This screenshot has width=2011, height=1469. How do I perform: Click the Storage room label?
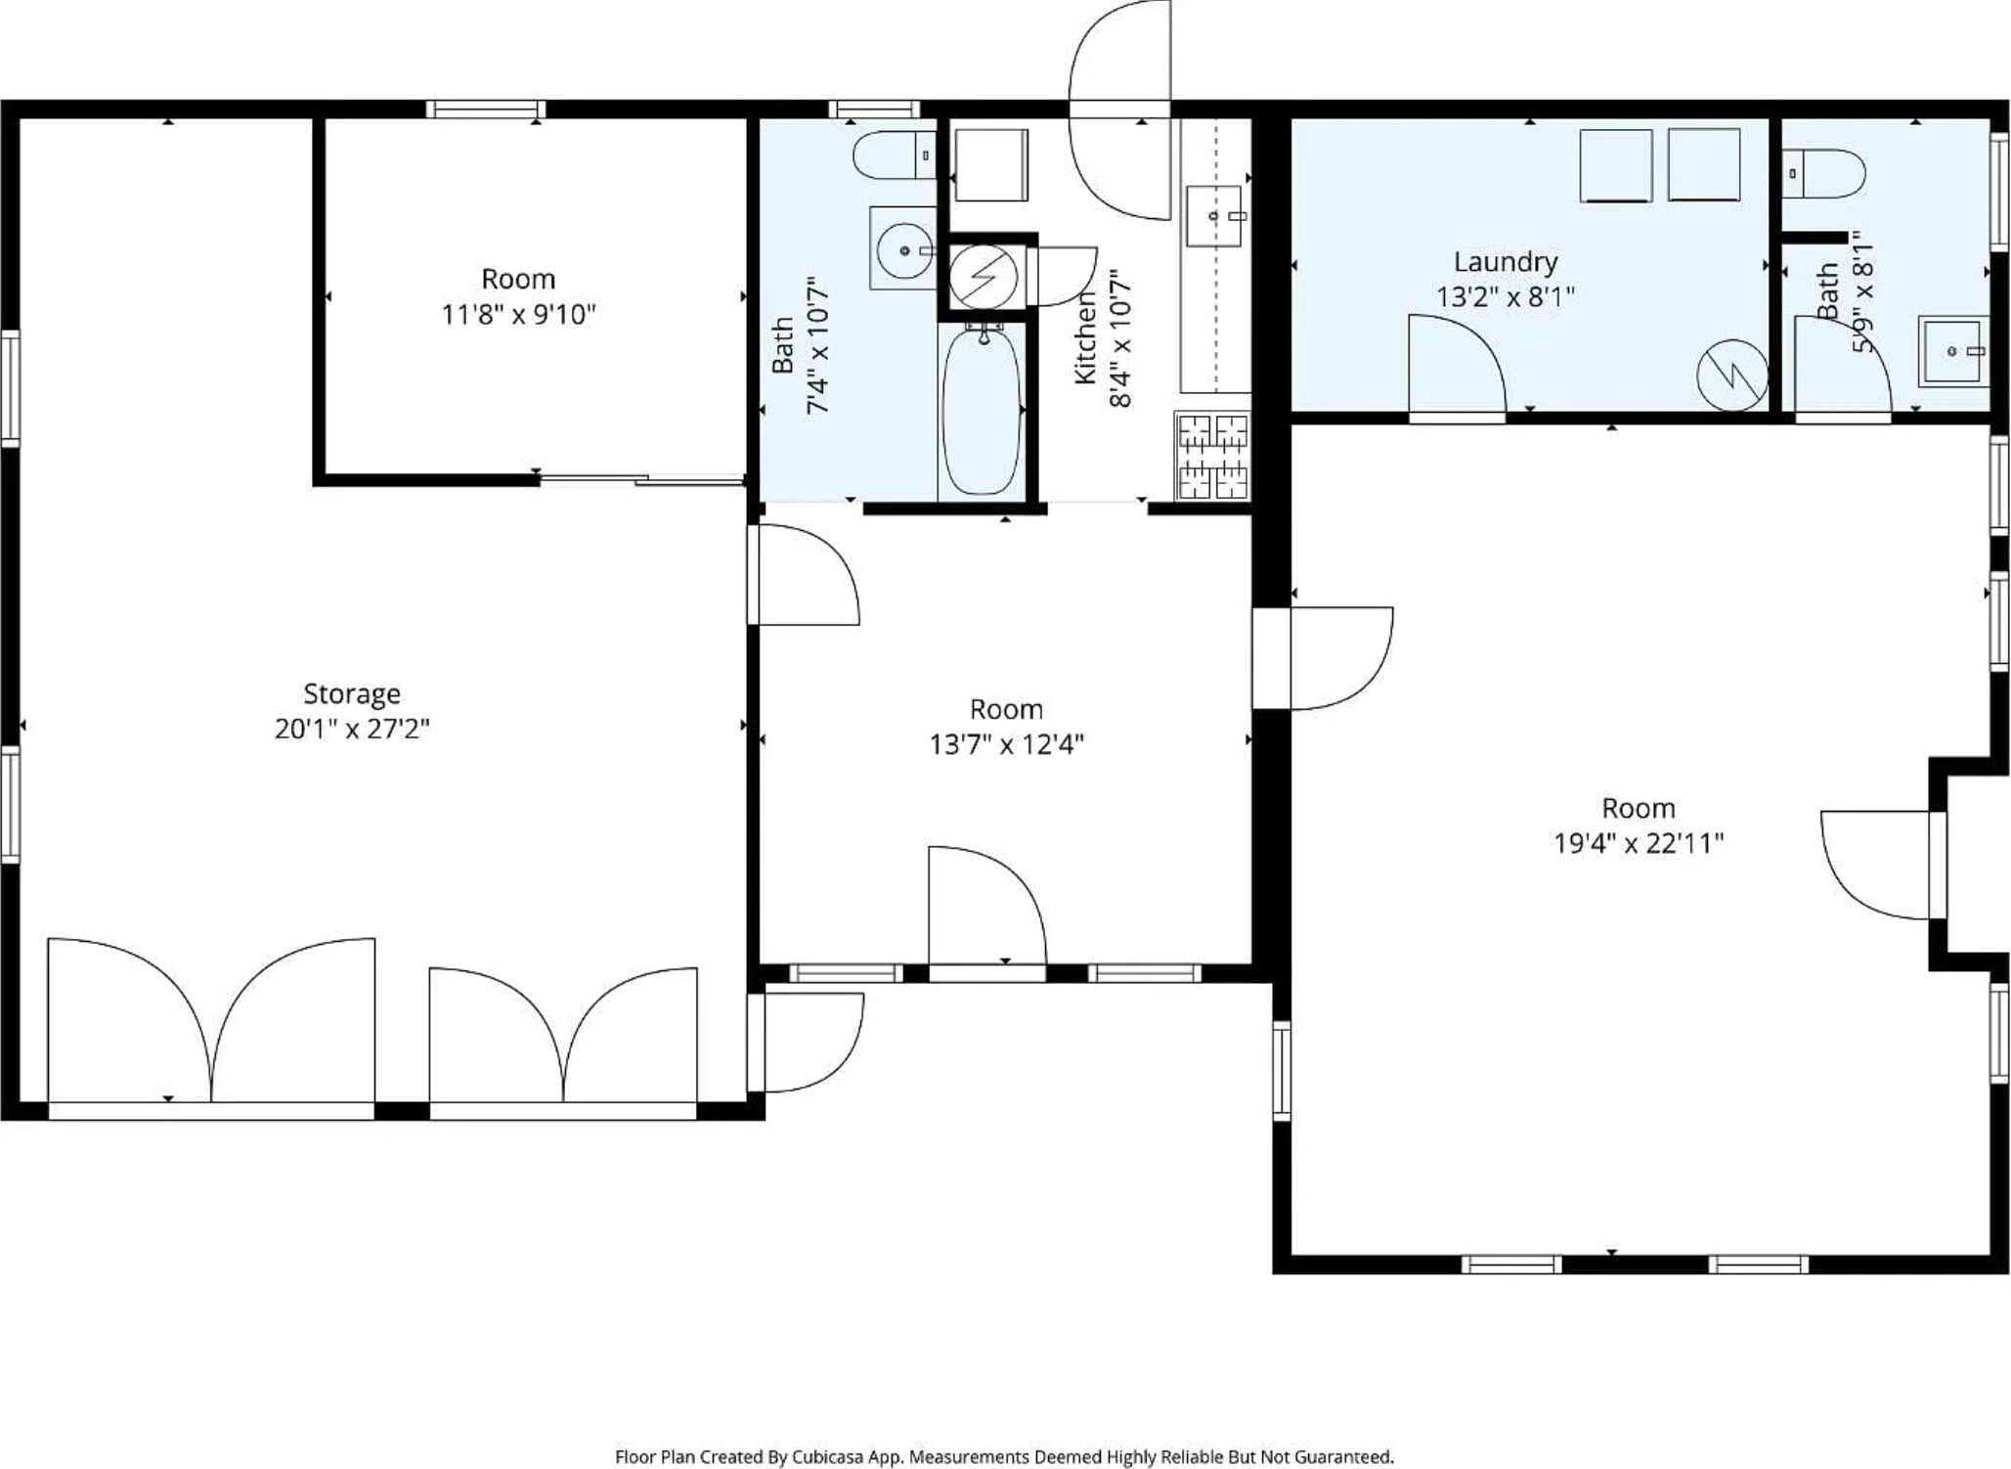(352, 693)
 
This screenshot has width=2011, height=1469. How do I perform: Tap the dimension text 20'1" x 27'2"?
(352, 729)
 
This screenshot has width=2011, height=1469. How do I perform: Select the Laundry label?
(1506, 262)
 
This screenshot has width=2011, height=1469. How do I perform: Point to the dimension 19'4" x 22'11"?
(1639, 843)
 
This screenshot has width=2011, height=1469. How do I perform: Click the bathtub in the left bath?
(982, 411)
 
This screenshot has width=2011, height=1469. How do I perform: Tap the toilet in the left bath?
(895, 155)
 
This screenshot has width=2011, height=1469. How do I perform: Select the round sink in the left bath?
(904, 250)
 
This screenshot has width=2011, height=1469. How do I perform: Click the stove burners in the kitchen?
(1212, 457)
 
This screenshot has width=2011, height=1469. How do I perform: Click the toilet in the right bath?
(1823, 173)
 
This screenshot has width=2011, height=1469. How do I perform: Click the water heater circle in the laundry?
(1732, 375)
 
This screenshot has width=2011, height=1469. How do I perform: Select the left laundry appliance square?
(1616, 166)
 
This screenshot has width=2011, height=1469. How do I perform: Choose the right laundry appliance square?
(1704, 165)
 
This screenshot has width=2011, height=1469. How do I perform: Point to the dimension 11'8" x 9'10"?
(518, 314)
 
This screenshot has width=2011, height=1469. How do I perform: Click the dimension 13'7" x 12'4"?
(1006, 744)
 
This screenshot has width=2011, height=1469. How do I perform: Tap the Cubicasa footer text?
(1004, 1456)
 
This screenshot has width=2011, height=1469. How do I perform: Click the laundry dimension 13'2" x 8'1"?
(1506, 296)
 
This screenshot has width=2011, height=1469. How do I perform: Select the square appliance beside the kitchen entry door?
(991, 165)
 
